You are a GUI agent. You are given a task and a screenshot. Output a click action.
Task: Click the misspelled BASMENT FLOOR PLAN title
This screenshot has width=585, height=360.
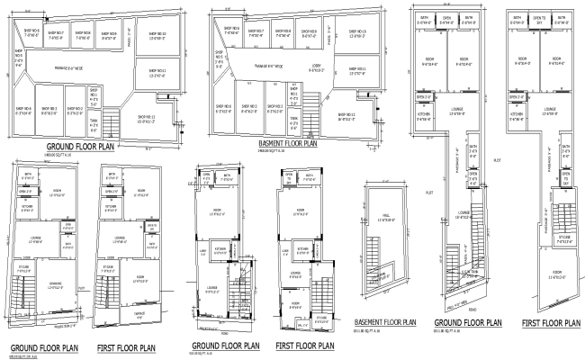(286, 142)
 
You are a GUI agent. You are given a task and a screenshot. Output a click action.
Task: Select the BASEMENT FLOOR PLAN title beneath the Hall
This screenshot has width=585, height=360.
(384, 321)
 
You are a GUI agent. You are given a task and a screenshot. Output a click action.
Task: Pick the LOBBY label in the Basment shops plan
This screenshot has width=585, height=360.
(315, 67)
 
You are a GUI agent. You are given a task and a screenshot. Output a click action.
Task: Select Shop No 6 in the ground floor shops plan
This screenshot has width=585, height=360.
(22, 110)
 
